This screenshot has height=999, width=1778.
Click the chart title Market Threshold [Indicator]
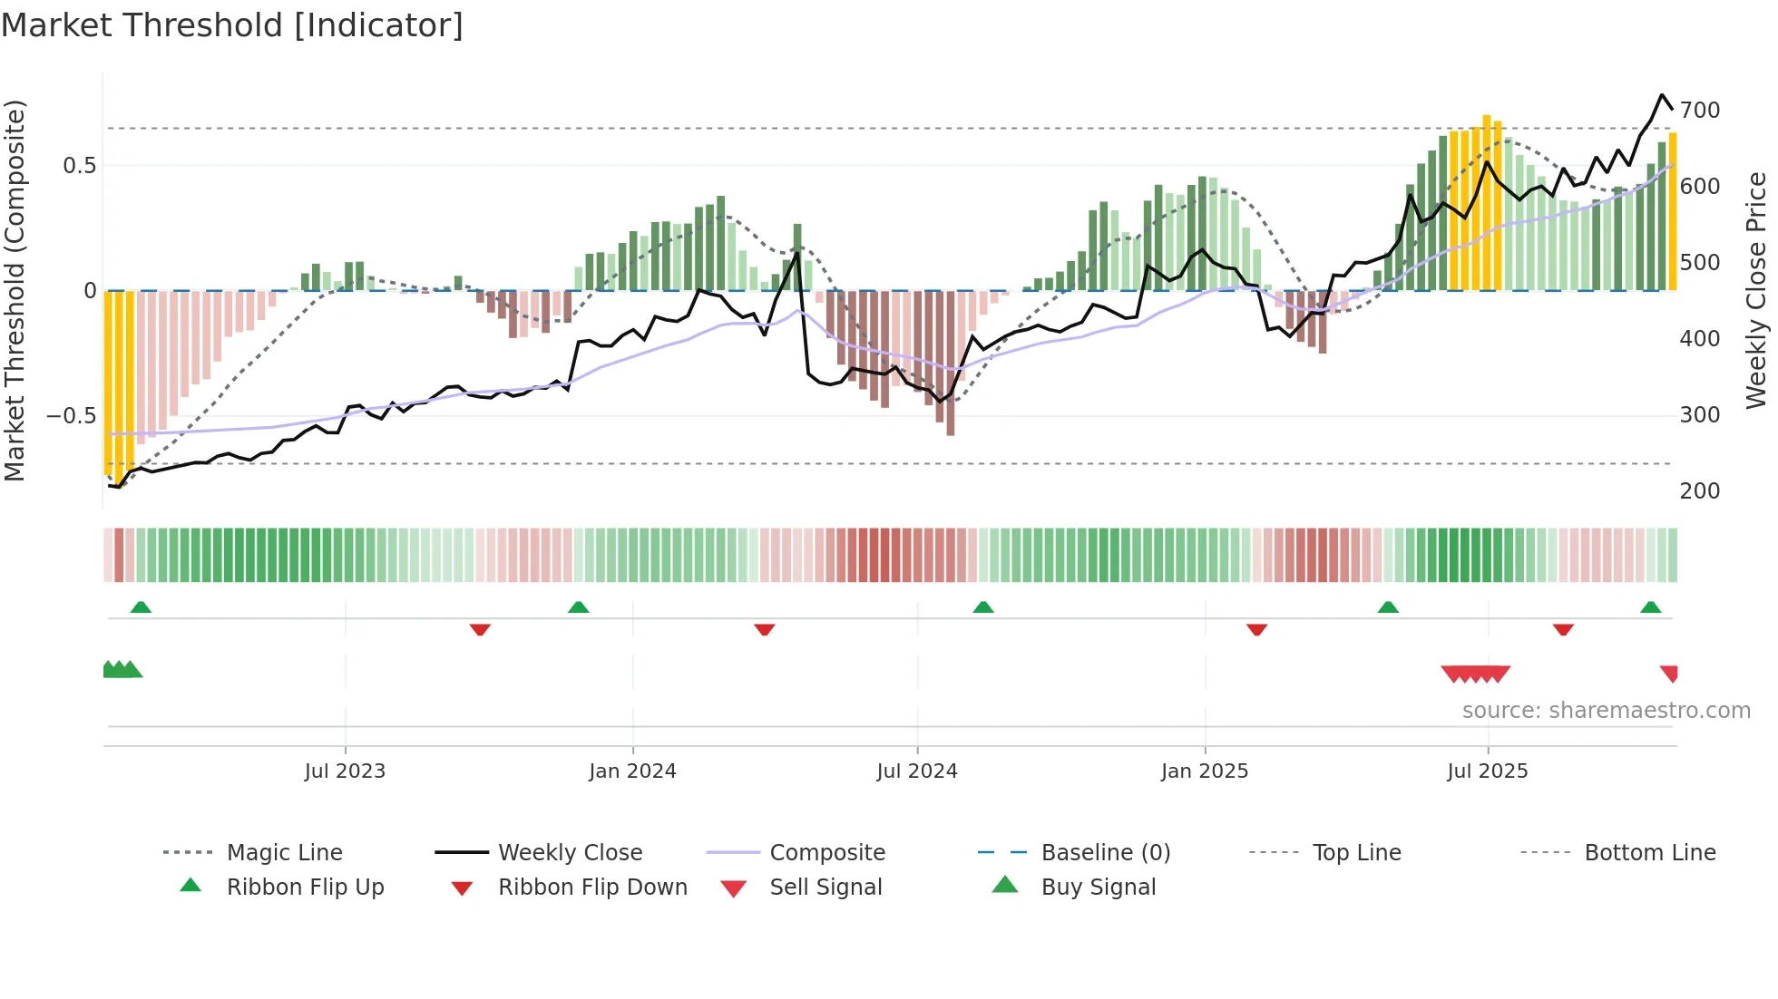(x=232, y=25)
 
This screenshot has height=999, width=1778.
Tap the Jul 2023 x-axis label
(x=345, y=771)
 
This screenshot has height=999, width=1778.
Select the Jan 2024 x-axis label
(x=632, y=771)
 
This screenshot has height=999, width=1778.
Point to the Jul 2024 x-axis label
(x=917, y=771)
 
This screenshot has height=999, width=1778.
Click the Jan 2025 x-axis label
(x=1205, y=771)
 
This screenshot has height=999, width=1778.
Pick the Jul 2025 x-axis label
(x=1488, y=771)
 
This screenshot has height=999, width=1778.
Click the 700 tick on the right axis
(x=1700, y=111)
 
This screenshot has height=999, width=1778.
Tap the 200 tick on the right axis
(x=1700, y=491)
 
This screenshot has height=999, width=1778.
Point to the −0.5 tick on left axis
(x=71, y=416)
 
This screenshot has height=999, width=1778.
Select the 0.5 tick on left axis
(x=79, y=166)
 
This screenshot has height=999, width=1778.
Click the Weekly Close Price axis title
(x=1756, y=290)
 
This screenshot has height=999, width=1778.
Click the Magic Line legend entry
(x=284, y=853)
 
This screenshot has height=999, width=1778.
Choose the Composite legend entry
(x=827, y=853)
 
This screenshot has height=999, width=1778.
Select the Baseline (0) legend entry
(x=1105, y=853)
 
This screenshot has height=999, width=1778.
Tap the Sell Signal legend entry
(x=825, y=887)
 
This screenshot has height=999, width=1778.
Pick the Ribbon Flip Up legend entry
(x=305, y=887)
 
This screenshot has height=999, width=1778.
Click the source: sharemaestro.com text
(x=1606, y=711)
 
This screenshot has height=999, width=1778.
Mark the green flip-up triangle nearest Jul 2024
(x=983, y=607)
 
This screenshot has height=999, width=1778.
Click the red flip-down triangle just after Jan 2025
(x=1256, y=629)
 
